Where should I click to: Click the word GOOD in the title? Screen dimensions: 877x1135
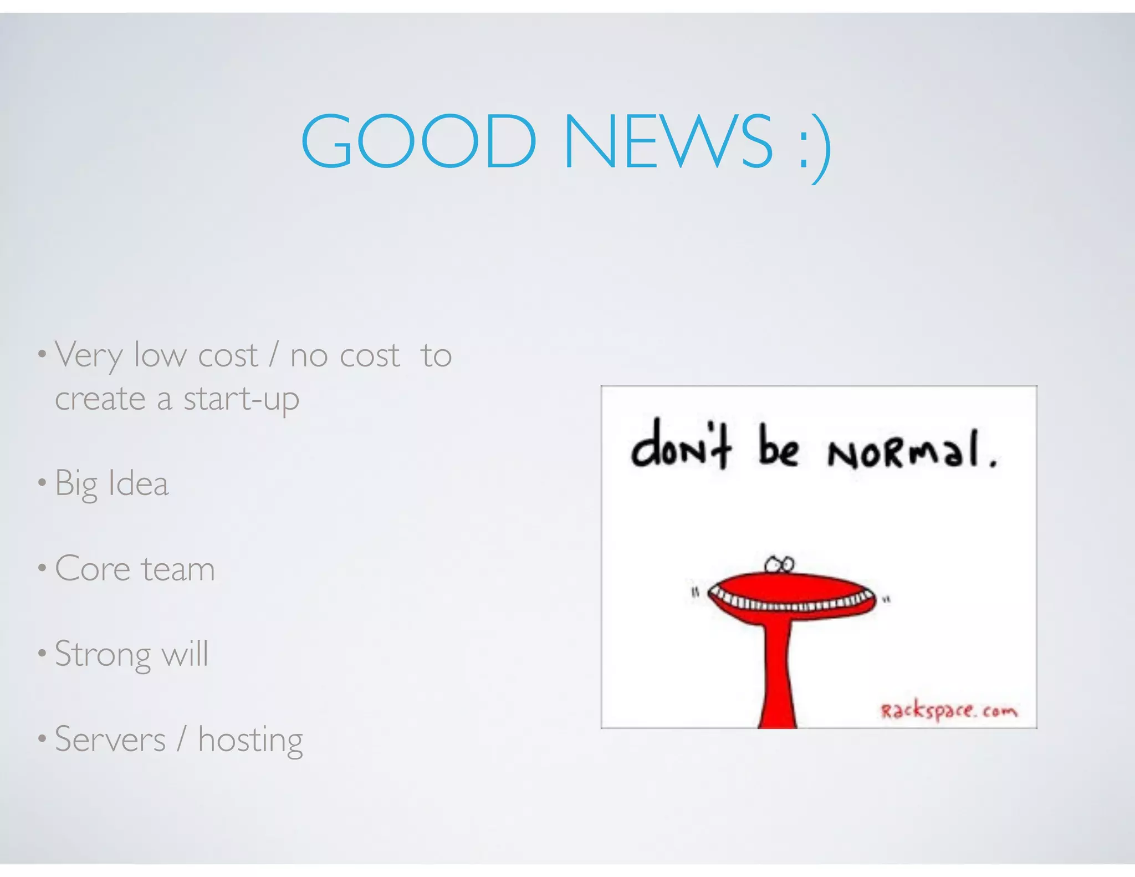click(418, 141)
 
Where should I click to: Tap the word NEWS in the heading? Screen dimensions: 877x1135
click(667, 141)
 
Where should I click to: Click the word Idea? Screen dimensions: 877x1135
click(139, 483)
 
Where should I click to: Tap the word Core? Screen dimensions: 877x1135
click(93, 569)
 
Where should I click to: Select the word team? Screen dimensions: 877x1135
click(178, 569)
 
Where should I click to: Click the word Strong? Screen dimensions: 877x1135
click(103, 655)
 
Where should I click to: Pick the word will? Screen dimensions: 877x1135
click(185, 654)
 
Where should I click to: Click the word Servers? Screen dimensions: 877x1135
click(110, 740)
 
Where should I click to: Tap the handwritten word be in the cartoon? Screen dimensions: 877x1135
click(778, 447)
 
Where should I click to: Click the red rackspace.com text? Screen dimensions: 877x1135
click(949, 711)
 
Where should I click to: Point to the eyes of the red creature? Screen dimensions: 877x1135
click(780, 565)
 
